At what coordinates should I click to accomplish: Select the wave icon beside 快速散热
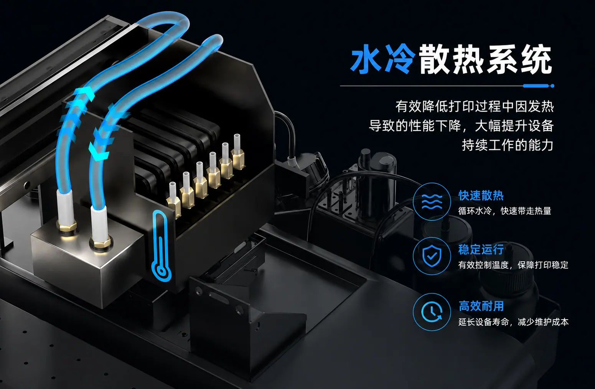[432, 202]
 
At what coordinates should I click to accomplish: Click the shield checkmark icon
[432, 256]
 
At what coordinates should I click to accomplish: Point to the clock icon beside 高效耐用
[432, 312]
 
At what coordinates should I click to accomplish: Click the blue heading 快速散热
[481, 196]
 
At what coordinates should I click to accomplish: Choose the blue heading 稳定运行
[481, 249]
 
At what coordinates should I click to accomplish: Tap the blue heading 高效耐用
[481, 306]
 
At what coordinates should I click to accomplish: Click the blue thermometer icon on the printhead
[161, 246]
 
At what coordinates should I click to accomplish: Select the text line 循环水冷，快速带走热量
[504, 211]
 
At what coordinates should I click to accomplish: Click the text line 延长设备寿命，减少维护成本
[513, 322]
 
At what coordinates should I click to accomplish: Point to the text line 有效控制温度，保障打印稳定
[513, 265]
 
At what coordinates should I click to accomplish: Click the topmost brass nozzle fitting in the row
[237, 153]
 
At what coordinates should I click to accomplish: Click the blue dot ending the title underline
[552, 86]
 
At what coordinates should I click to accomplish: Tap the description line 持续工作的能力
[508, 145]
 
